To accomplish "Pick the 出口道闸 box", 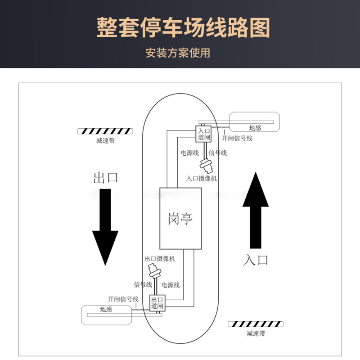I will [x=157, y=302].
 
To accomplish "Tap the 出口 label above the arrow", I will [x=105, y=177].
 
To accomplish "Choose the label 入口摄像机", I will [x=202, y=178].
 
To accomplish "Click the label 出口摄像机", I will [x=160, y=259].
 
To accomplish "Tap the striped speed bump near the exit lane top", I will [x=105, y=131].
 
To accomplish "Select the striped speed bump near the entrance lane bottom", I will [x=256, y=324].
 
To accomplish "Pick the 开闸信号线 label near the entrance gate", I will [x=237, y=138].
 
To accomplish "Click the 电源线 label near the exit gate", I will [x=171, y=285].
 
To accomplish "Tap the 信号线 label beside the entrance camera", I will [x=218, y=153].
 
